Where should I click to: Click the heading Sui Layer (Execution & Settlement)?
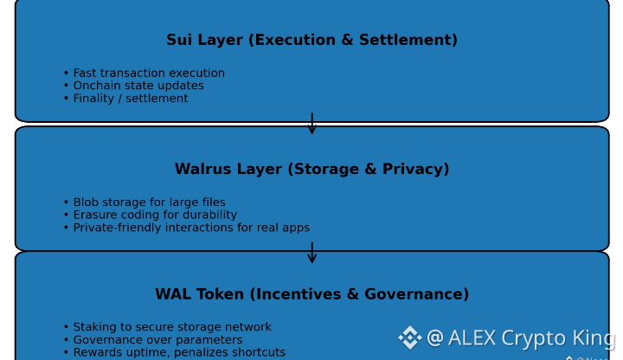click(x=311, y=41)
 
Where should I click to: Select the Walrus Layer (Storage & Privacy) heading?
click(x=311, y=170)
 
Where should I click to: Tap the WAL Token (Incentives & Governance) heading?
click(x=311, y=295)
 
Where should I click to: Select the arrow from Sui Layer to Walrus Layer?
click(x=311, y=124)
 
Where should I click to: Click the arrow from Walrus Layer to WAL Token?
click(x=311, y=252)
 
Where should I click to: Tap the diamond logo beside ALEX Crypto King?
click(x=409, y=337)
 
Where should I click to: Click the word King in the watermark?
click(x=594, y=337)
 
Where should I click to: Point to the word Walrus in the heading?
click(x=201, y=170)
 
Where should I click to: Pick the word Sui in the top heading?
click(x=180, y=41)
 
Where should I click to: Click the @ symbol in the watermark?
click(x=435, y=337)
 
